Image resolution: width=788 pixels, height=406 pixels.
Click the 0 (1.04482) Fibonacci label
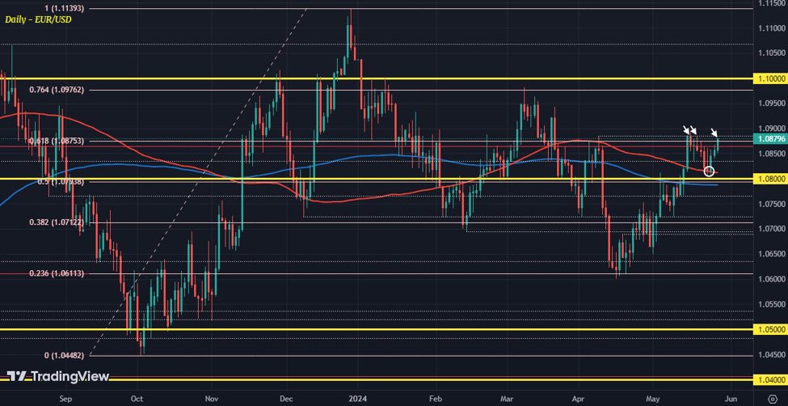pos(63,356)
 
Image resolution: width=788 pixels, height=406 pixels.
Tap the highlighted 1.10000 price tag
pos(773,79)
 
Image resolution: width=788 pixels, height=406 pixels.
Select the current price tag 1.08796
pos(773,138)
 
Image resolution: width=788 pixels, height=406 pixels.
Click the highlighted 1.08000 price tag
pos(773,179)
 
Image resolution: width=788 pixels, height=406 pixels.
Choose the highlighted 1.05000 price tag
pos(773,330)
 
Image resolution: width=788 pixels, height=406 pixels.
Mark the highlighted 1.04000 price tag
pos(773,379)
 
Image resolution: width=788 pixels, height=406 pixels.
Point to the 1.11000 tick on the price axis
pos(773,28)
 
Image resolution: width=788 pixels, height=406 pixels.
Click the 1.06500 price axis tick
pos(773,254)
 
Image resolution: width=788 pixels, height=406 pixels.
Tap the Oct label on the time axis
pos(137,398)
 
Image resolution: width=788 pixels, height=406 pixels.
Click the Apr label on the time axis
pos(579,398)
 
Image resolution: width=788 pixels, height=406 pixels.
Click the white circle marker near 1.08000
pos(709,171)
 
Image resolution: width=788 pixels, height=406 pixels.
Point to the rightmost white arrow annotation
pos(715,133)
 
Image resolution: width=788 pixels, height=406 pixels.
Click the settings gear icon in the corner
pos(773,398)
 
